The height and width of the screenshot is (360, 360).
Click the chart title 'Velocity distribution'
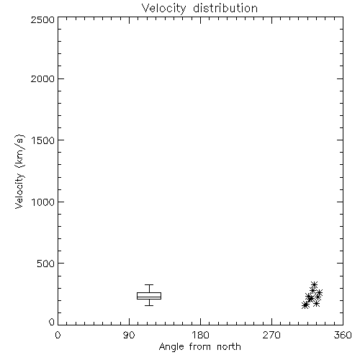199,8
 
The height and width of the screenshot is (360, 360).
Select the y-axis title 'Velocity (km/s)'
19,171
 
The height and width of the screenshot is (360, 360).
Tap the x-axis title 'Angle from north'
199,347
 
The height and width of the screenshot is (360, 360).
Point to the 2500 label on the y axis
42,19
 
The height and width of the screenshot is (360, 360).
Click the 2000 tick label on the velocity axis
42,78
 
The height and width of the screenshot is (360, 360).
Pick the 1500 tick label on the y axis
43,140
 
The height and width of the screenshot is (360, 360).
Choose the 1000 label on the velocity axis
43,202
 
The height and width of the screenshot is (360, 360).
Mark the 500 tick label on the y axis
46,264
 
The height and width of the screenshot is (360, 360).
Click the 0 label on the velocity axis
52,322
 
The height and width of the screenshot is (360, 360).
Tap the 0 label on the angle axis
58,335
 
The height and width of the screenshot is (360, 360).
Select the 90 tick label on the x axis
129,335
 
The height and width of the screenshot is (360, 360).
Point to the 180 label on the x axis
200,335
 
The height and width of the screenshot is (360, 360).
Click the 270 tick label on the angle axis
271,335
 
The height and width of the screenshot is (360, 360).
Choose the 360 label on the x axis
343,335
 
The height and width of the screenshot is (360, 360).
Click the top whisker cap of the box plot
149,285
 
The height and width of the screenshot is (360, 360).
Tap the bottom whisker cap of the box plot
149,305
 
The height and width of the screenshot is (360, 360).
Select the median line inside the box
149,297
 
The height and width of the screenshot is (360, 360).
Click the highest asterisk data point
314,285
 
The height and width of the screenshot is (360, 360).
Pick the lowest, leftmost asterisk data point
305,305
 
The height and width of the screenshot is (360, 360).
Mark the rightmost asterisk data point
319,293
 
